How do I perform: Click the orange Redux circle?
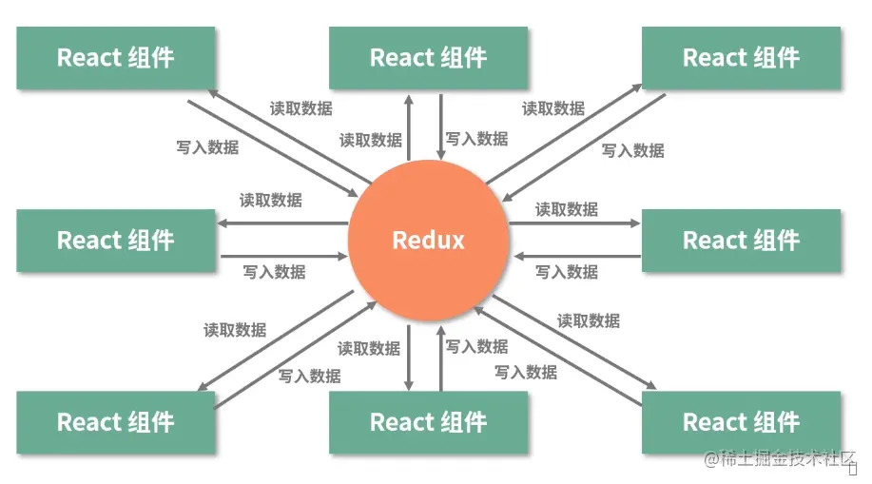tap(428, 241)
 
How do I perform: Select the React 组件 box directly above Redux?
tap(428, 58)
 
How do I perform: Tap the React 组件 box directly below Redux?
tap(428, 421)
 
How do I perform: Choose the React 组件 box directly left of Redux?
tap(116, 241)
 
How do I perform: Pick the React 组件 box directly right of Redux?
tap(741, 241)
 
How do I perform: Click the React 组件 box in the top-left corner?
tap(116, 58)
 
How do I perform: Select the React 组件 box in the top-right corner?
tap(741, 58)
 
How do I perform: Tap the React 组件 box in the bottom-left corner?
tap(116, 421)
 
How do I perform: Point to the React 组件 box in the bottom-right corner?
tap(741, 421)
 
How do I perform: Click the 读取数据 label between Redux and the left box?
tap(271, 201)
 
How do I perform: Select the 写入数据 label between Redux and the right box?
tap(567, 272)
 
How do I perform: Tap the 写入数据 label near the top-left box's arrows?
tap(207, 147)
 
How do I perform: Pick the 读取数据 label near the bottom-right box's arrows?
tap(589, 321)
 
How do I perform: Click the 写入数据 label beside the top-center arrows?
tap(477, 139)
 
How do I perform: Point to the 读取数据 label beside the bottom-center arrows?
tap(369, 349)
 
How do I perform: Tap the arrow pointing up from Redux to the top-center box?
tap(409, 128)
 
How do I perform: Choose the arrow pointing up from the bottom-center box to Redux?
tap(441, 357)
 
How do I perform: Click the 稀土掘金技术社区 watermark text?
tap(781, 460)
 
